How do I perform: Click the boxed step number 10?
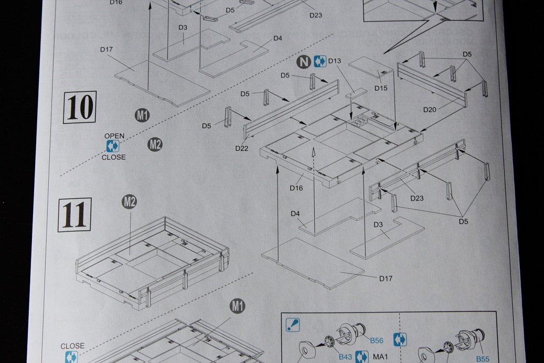[79, 108]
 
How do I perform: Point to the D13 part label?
[335, 61]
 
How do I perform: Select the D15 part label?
[381, 88]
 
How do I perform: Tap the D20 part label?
[430, 110]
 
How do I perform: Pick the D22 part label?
[241, 148]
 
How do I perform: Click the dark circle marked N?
[303, 62]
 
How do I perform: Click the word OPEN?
[114, 136]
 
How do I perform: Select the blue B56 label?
[377, 341]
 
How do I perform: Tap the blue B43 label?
[345, 357]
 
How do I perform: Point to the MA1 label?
[380, 357]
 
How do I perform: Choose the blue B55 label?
[483, 359]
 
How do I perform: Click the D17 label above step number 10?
[107, 49]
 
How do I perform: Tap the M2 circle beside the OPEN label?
[155, 144]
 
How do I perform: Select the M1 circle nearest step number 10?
[142, 115]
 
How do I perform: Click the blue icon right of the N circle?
[319, 62]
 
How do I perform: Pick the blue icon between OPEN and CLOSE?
[113, 146]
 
